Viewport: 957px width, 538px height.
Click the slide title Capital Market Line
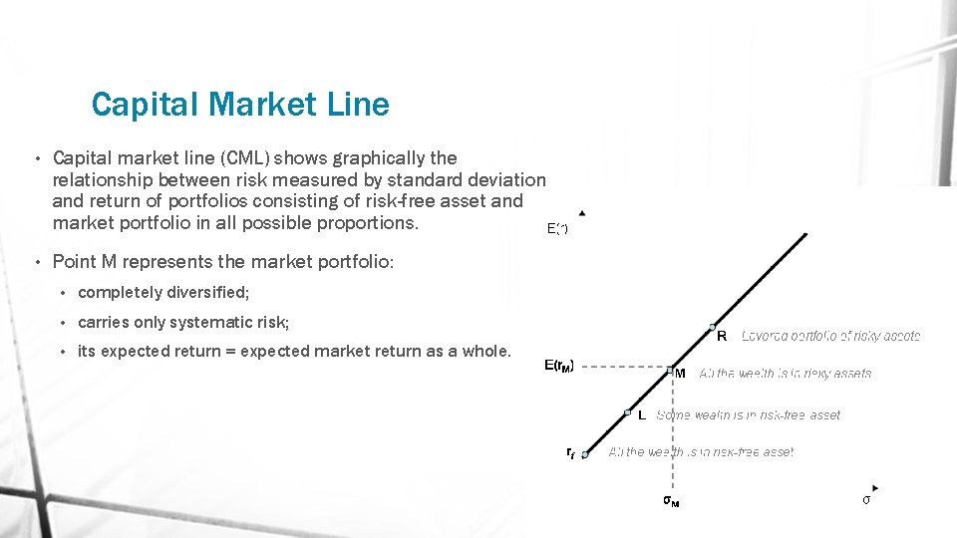pos(239,104)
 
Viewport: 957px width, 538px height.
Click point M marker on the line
pos(671,369)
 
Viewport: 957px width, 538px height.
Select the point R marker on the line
pos(712,326)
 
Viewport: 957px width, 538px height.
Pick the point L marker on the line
pos(628,411)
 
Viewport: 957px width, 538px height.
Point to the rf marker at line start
pos(586,454)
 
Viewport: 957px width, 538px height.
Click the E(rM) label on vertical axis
pos(558,366)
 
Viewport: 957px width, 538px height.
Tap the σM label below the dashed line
pos(672,500)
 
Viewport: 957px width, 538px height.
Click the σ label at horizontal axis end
pos(866,499)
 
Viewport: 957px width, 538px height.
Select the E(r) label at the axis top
pos(557,229)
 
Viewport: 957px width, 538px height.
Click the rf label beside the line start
pos(570,452)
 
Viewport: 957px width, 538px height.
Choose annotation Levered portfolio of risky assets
pos(830,337)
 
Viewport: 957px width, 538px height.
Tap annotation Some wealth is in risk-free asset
pos(748,415)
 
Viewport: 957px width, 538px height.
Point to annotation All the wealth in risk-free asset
pos(701,452)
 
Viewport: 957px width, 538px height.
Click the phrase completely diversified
pos(163,293)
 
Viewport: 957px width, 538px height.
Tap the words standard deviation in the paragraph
pos(473,180)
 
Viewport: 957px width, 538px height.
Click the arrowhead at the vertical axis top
pos(582,212)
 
